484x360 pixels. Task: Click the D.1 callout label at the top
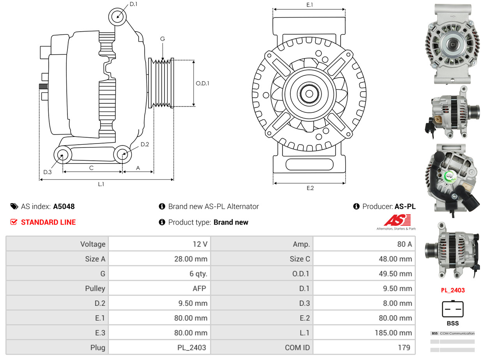[133, 4]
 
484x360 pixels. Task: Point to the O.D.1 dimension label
[203, 83]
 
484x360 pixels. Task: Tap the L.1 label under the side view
[101, 184]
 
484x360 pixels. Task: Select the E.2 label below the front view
[310, 188]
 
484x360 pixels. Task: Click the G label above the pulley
[163, 39]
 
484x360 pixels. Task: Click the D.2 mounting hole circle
[123, 155]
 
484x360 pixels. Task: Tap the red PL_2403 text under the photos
[453, 290]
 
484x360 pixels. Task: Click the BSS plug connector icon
[453, 309]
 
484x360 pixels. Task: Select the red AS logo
[397, 220]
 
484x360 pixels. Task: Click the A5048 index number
[64, 206]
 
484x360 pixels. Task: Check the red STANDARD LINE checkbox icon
[14, 222]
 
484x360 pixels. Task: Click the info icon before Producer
[356, 206]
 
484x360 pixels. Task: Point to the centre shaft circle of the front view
[309, 94]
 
